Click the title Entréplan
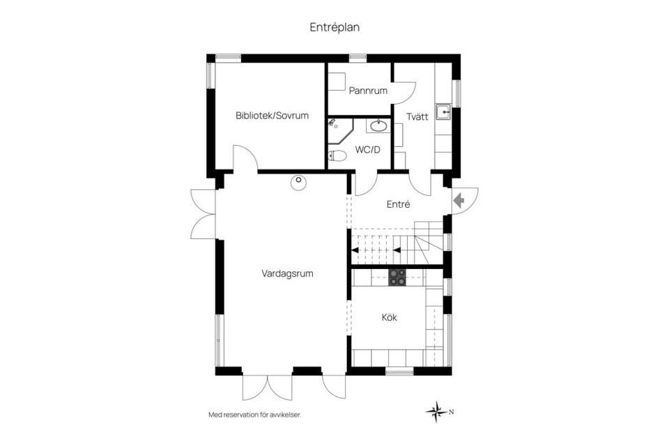334,27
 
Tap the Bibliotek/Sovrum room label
272,116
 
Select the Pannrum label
368,91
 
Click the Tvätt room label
417,117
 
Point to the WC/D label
367,150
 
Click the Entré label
398,205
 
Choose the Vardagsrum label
287,274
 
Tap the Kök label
389,318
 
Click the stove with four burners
397,277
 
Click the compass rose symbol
436,411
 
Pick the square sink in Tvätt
443,111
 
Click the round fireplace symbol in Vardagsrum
298,181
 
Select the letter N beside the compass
452,412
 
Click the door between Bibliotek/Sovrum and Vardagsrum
245,158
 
